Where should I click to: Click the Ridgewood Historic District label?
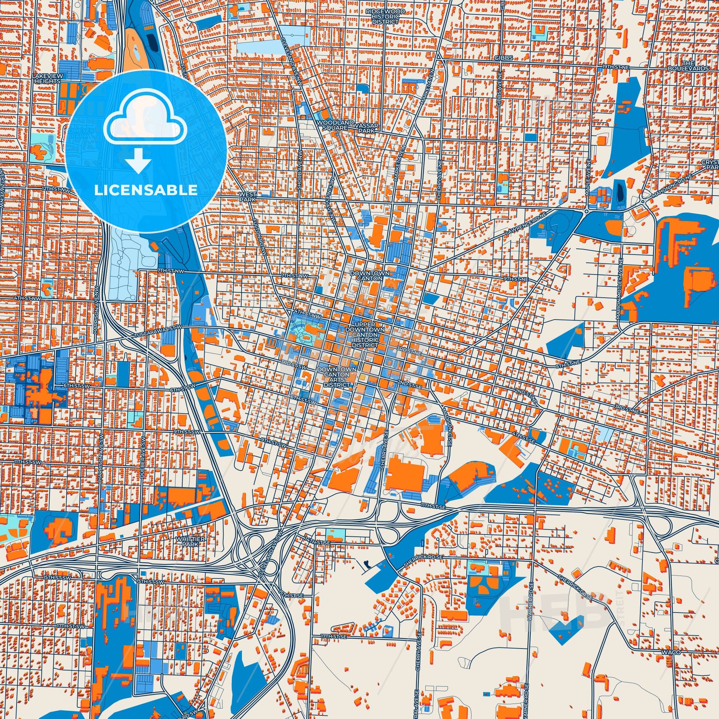pos(382,17)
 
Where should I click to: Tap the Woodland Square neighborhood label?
pos(333,125)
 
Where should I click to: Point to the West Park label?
pos(248,197)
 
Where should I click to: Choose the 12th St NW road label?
pos(56,190)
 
